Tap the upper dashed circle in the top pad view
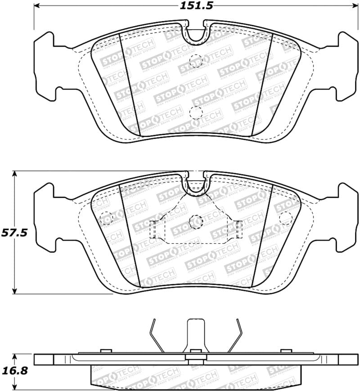click(x=196, y=60)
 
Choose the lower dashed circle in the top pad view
click(x=196, y=112)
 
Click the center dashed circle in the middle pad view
click(x=196, y=221)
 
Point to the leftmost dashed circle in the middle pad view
click(x=105, y=217)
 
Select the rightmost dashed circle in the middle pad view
click(x=285, y=218)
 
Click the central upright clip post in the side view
click(x=196, y=333)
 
